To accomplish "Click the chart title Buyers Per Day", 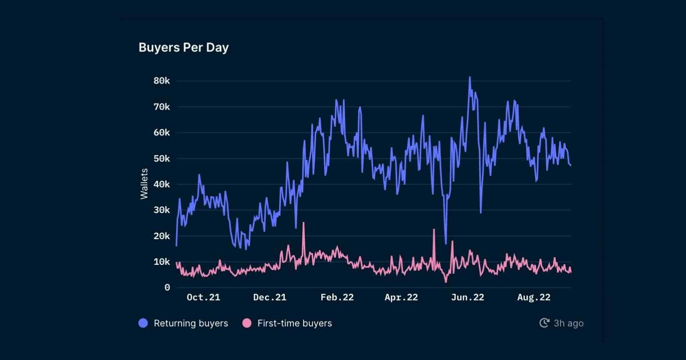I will pos(184,48).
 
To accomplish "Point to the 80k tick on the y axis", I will pos(162,81).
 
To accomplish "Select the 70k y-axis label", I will pos(162,107).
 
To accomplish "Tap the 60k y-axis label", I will pos(162,133).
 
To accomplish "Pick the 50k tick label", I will pos(162,159).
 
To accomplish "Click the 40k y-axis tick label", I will pos(162,184).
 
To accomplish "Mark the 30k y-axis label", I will pos(162,210).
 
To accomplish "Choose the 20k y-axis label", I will pos(162,236).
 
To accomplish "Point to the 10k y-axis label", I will pos(162,262).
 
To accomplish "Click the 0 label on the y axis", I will pos(167,288).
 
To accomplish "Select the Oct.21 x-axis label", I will pos(203,297).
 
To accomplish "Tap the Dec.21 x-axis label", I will pos(270,297).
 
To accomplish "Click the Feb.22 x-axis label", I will pos(337,297).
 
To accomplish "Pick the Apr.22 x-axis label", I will pos(401,297).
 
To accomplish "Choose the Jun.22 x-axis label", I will pos(467,297).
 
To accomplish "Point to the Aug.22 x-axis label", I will pos(534,297).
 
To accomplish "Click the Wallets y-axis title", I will pos(144,184).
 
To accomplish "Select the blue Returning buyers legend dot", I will pos(143,323).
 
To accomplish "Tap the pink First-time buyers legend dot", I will pos(247,323).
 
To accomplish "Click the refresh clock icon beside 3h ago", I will pos(544,323).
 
